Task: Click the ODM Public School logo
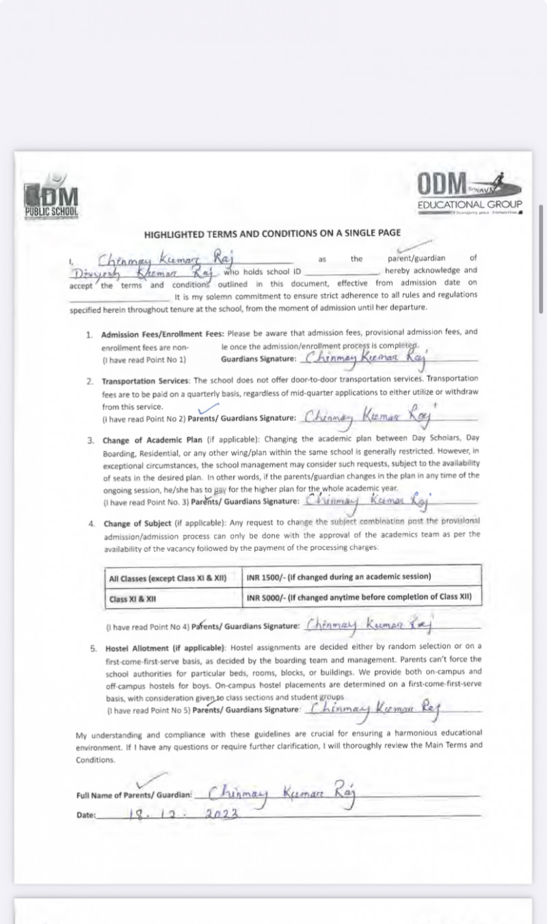tap(51, 200)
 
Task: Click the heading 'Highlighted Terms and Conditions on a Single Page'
tap(272, 234)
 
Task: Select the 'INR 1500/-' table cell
tap(362, 577)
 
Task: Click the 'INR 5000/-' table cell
tap(362, 597)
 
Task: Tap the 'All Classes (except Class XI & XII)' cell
tap(174, 577)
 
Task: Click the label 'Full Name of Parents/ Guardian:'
tap(134, 795)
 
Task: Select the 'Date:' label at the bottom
tap(86, 815)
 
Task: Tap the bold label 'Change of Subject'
tap(137, 524)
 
